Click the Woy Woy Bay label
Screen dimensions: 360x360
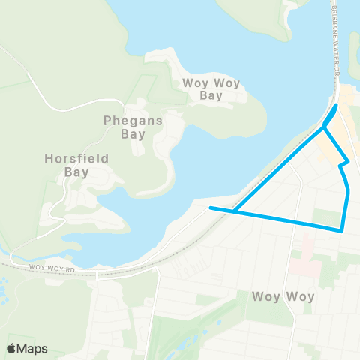(212, 89)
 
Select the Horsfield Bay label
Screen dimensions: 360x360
(76, 165)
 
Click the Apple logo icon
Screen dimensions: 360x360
(12, 348)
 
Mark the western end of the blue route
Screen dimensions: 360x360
(211, 208)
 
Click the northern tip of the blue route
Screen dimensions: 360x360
(335, 106)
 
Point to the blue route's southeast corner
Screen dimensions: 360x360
(342, 230)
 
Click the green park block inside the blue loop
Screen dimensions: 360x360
(326, 217)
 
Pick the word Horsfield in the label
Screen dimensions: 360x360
(76, 158)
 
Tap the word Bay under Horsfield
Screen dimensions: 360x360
(76, 172)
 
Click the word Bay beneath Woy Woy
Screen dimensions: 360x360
(212, 96)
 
